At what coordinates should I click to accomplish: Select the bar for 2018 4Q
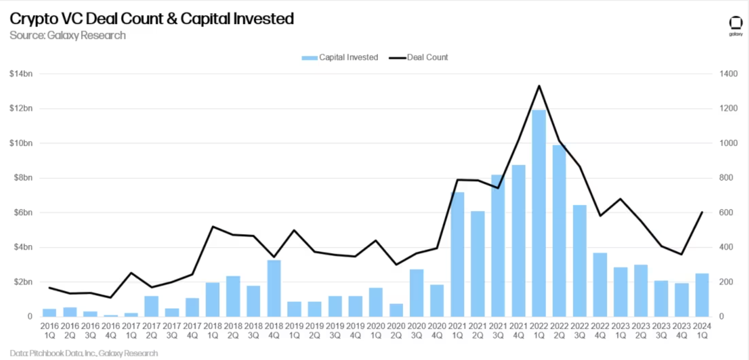pos(274,288)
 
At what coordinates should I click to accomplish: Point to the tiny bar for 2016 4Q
pos(111,316)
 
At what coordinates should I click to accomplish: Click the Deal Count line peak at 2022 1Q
pos(539,86)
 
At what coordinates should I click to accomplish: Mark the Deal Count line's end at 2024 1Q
pos(702,212)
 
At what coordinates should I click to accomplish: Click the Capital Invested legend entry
pos(340,58)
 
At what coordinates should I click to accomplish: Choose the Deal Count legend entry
pos(419,58)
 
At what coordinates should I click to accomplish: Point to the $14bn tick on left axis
pos(21,74)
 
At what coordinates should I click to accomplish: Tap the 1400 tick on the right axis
pos(728,74)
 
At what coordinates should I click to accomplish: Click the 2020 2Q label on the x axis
pos(396,331)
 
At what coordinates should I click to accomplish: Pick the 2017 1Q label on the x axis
pos(131,331)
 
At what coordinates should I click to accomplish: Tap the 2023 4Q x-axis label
pos(681,331)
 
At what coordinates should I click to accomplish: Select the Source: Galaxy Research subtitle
pos(68,36)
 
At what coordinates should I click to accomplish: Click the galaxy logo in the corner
pos(735,25)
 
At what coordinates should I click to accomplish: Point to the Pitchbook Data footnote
pos(84,353)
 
